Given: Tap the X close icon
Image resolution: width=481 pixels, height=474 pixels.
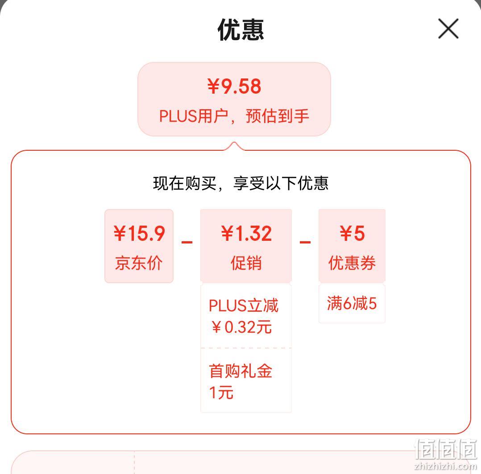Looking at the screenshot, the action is click(448, 29).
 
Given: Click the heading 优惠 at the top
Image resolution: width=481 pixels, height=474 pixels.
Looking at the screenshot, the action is click(241, 29).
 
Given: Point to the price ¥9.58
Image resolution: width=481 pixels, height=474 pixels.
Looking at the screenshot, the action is click(234, 86).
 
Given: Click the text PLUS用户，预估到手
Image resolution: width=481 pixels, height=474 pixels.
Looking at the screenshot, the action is click(234, 116).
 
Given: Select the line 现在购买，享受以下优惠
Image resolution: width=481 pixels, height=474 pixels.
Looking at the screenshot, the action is click(241, 183).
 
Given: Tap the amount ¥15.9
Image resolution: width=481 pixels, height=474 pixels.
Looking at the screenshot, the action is click(139, 233).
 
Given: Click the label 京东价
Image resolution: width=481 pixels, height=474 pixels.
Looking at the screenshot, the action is click(139, 263).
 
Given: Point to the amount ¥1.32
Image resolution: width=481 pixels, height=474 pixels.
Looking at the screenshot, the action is click(246, 233).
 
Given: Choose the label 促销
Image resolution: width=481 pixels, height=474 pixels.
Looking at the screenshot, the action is click(246, 263).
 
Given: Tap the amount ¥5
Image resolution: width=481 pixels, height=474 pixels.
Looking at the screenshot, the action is click(352, 233).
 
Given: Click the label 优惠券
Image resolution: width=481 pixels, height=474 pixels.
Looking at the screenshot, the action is click(352, 263).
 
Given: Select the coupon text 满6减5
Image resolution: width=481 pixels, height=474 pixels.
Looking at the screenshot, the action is click(352, 303).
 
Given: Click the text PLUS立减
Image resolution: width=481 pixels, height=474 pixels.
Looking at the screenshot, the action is click(244, 306).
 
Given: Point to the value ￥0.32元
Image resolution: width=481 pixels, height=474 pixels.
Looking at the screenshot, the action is click(242, 327).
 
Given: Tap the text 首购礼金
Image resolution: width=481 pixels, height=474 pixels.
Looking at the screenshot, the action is click(240, 371).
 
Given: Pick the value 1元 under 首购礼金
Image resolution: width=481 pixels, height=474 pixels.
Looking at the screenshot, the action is click(221, 393).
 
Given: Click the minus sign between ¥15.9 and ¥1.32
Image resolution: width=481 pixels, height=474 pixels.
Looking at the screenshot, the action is click(187, 242).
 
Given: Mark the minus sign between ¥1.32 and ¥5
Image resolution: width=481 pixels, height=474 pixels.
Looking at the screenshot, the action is click(305, 242).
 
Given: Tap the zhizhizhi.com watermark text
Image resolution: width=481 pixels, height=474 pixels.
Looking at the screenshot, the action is click(445, 466).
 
